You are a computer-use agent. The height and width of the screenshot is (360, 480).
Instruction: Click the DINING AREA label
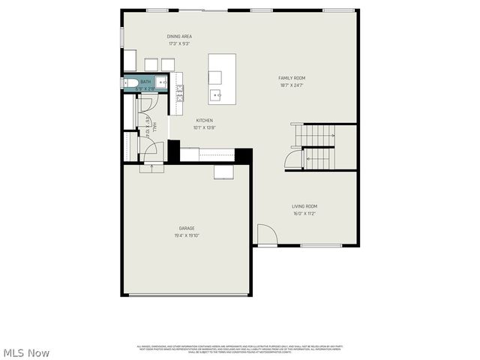[x=179, y=36]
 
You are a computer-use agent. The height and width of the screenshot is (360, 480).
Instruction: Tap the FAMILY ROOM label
[x=292, y=78]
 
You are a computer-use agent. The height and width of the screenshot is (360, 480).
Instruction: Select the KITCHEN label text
[x=205, y=121]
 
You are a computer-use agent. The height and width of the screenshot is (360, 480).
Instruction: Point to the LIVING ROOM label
[x=304, y=206]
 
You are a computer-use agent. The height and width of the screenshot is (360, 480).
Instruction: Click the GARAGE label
[x=187, y=228]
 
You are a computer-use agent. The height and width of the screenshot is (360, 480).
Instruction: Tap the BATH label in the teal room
[x=145, y=82]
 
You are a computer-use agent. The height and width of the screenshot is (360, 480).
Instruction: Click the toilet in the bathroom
[x=129, y=84]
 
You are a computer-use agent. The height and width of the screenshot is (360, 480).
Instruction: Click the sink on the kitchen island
[x=215, y=94]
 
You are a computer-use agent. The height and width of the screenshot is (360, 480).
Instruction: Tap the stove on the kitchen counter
[x=179, y=92]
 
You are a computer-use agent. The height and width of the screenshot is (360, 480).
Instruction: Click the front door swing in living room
[x=267, y=235]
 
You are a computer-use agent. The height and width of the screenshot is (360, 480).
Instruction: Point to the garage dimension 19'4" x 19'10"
[x=187, y=235]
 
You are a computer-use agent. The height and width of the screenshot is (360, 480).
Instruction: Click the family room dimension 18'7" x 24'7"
[x=292, y=85]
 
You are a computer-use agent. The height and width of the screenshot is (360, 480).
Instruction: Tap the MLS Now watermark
[x=26, y=352]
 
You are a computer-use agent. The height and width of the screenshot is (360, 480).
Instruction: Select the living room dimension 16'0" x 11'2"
[x=304, y=213]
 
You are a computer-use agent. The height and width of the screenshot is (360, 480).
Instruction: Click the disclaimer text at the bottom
[x=239, y=349]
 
